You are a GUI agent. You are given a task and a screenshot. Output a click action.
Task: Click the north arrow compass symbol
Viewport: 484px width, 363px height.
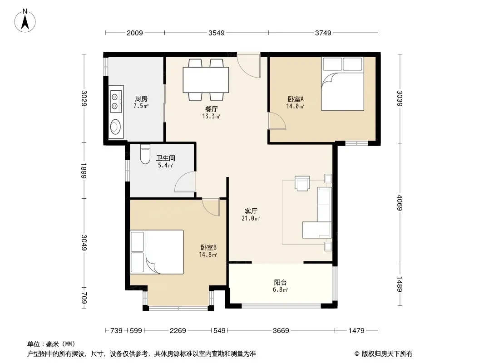[25, 21]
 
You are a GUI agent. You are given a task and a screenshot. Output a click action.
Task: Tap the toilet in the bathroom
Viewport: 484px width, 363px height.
[145, 154]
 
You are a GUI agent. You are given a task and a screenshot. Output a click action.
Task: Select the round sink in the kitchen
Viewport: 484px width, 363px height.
[116, 127]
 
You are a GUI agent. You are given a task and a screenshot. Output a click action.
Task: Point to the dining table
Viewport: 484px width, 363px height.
[206, 80]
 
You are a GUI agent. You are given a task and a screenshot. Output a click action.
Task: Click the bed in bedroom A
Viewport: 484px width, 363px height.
[343, 83]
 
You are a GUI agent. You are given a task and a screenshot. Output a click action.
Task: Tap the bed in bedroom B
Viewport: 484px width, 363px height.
[157, 252]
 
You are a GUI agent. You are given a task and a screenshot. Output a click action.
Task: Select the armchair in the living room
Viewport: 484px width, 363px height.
[302, 183]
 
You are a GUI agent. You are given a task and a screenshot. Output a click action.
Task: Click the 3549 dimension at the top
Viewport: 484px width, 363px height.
[217, 33]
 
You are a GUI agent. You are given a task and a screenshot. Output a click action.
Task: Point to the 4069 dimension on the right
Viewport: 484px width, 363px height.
[400, 203]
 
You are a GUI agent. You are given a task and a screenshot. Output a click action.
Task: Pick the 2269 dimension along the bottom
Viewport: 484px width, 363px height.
[178, 331]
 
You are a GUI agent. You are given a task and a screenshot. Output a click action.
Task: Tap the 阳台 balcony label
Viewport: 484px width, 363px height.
[280, 282]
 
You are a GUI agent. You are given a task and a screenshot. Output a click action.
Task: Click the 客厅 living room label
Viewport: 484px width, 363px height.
[251, 211]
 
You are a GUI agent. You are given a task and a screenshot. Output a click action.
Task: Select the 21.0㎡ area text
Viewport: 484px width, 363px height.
[251, 219]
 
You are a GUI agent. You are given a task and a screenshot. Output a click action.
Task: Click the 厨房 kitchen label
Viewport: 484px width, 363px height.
[141, 99]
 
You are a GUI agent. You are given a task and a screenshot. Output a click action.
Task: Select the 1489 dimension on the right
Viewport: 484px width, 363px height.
[400, 284]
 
